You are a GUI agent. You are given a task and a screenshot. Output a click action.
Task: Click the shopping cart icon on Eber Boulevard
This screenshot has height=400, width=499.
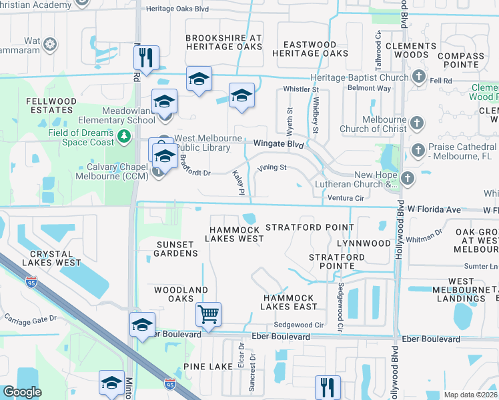click(208, 313)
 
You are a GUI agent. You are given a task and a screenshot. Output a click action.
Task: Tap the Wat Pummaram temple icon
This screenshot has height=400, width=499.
click(50, 45)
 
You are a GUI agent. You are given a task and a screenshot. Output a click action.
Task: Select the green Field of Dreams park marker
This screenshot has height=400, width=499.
click(123, 137)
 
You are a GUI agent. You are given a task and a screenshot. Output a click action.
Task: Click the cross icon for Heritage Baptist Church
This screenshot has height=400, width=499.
click(418, 77)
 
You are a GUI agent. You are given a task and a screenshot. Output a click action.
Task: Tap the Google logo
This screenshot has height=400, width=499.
click(22, 392)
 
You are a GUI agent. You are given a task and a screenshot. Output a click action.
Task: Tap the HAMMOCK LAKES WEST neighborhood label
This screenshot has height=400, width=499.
click(233, 233)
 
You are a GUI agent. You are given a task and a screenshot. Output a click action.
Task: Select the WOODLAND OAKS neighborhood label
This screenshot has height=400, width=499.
click(181, 295)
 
